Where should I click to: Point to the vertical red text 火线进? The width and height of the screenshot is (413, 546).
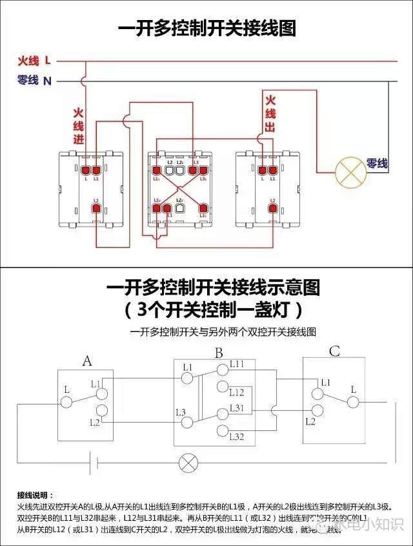point(79,126)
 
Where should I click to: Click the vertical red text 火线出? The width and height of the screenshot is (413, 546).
point(270,114)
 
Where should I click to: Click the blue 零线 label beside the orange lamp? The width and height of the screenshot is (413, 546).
point(377,164)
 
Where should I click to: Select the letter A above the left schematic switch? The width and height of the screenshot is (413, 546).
point(87,361)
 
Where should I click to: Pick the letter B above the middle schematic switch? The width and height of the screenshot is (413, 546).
point(219,353)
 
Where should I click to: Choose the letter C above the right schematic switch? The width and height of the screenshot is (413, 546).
point(334,352)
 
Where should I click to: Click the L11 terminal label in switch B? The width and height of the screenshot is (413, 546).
point(237,364)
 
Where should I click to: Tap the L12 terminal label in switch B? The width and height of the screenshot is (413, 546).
point(237,392)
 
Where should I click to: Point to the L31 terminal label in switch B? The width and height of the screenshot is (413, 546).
point(237,408)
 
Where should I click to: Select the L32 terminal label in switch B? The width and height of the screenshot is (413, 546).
point(237,437)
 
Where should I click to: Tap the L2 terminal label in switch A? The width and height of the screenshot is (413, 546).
point(95,422)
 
